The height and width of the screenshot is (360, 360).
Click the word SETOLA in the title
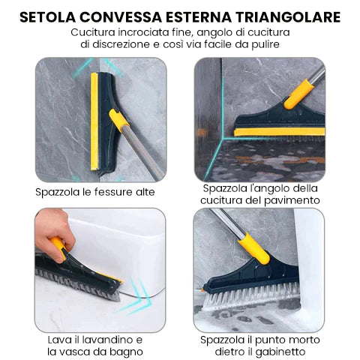pos(47,17)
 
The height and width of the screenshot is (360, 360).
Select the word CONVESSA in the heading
pos(121,17)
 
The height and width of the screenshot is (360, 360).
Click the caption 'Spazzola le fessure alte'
pos(95,192)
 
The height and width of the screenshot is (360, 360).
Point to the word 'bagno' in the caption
pos(127,352)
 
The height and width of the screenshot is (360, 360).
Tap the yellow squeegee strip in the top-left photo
pos(94,121)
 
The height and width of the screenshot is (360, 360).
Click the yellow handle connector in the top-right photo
pos(299,94)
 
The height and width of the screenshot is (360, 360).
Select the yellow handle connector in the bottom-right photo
pos(253,248)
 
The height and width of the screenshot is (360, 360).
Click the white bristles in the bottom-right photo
pos(251,295)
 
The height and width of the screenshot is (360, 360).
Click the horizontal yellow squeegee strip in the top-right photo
pos(280,132)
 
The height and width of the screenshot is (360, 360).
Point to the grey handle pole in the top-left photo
pos(142,151)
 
